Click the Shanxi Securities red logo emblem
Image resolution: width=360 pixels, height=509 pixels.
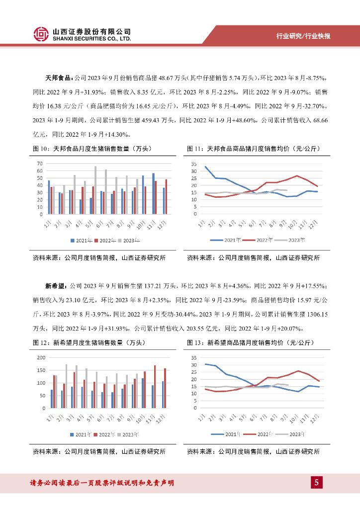click(x=41, y=34)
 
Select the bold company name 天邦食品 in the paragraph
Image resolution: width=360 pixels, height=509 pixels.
click(x=59, y=78)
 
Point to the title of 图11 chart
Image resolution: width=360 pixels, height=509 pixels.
click(x=253, y=149)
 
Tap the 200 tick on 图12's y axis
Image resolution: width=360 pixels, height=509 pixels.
click(x=41, y=358)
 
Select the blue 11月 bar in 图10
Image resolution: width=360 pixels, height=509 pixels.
click(x=153, y=194)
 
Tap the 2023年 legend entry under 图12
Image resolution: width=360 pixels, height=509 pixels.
click(x=127, y=434)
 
